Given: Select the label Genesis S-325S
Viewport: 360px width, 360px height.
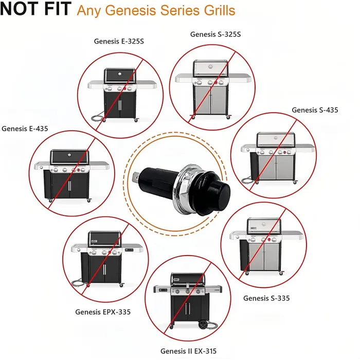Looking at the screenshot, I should pos(215,34).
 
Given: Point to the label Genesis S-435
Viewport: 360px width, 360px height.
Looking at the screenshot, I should pos(315,110).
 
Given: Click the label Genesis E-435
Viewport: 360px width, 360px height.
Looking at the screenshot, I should pos(25,129).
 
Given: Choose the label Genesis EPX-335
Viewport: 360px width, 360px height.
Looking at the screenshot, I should pos(103,312).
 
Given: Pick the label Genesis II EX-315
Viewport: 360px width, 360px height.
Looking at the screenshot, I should pos(188,351).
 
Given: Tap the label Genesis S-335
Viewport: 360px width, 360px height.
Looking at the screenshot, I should pos(266,298).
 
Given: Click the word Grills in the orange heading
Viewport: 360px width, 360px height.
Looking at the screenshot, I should pos(217,10).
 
